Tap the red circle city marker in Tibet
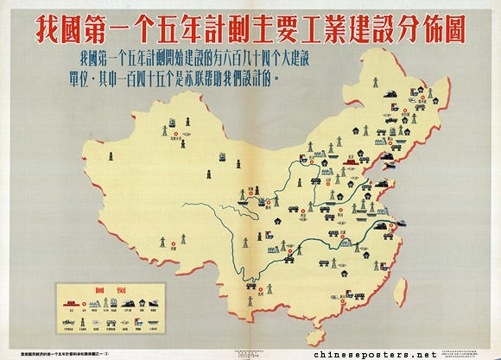pyautogui.click(x=173, y=244)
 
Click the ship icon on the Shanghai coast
pyautogui.click(x=409, y=224)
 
